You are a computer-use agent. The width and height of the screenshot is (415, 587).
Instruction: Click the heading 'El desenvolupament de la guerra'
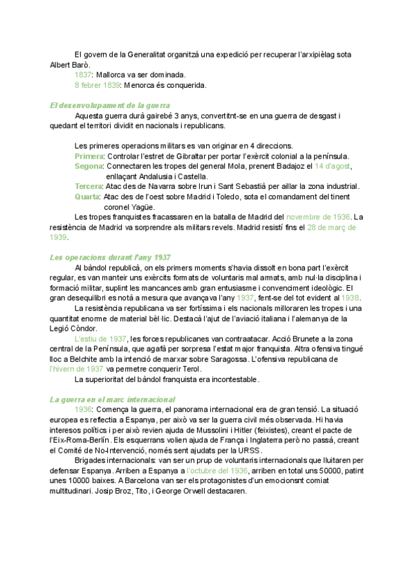click(106, 105)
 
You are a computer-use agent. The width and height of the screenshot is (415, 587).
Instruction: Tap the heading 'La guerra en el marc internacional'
click(113, 400)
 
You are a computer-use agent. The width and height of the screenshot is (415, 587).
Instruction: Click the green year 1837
click(84, 74)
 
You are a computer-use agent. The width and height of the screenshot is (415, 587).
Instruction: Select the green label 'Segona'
click(89, 166)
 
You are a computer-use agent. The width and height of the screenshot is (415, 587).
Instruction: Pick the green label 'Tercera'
click(89, 186)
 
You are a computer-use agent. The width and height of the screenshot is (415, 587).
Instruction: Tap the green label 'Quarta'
click(87, 197)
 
